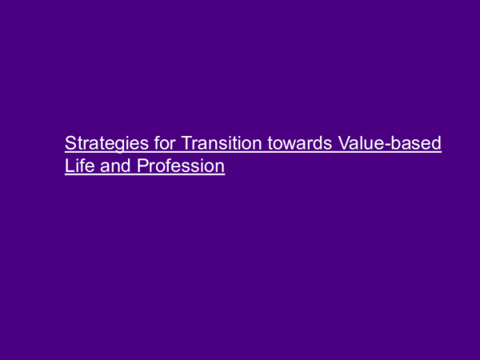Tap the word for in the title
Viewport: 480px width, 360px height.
(x=157, y=144)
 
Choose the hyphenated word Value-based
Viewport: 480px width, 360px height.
(x=390, y=144)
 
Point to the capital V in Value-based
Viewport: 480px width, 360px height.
(x=343, y=144)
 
